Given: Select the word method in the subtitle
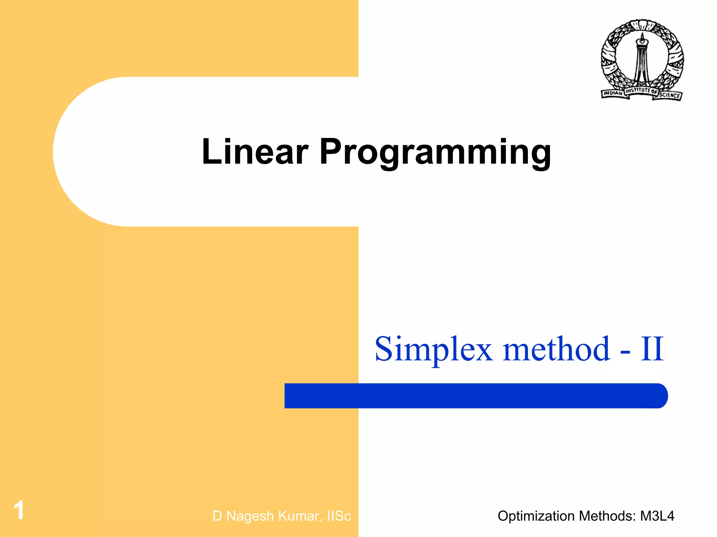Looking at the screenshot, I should tap(557, 349).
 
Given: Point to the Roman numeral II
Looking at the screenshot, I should tap(652, 349).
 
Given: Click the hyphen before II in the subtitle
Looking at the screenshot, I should tap(625, 351).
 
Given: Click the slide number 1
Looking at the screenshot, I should tap(19, 510).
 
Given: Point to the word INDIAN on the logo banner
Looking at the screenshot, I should tap(613, 93).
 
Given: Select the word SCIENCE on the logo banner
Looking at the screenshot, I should tap(670, 95).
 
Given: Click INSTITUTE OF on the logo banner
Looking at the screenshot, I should tap(641, 91).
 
